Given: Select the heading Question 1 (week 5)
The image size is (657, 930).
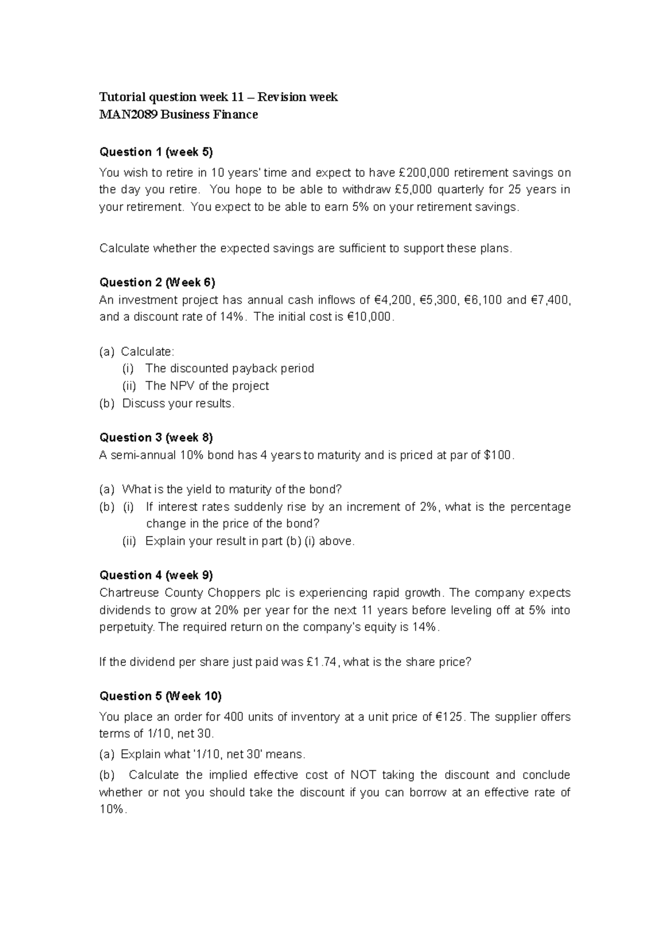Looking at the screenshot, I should point(155,152).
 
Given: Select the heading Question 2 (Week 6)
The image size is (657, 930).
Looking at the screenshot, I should point(157,283).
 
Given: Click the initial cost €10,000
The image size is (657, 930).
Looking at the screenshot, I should point(370,317).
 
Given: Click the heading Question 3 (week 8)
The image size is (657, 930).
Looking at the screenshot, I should point(156,438).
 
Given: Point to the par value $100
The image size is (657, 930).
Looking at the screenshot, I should point(499,455).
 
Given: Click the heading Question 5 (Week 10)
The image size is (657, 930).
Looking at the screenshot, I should point(160,696).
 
